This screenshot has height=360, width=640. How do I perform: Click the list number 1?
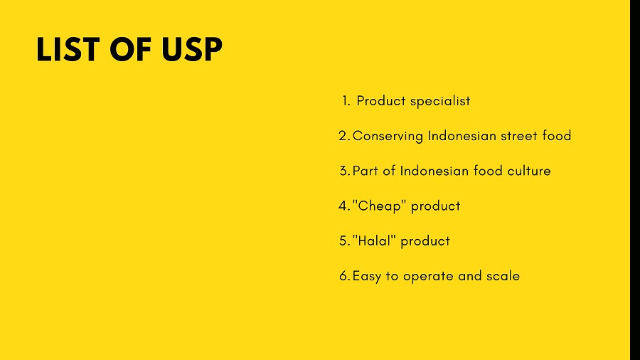pos(346,101)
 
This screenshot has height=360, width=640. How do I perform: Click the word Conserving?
pos(388,136)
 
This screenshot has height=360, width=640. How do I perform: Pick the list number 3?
pos(343,171)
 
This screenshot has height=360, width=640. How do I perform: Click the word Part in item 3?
pos(365,171)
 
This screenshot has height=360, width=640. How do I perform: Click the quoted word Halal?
pos(374,241)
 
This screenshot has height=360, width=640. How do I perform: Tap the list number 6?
pos(343,276)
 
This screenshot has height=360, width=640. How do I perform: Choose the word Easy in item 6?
pos(367,276)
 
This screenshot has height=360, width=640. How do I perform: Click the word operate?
pos(428,276)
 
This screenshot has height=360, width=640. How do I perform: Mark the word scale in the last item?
pos(503,276)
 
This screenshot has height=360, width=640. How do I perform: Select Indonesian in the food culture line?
pos(434,171)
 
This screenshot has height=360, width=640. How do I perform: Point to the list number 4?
pos(343,206)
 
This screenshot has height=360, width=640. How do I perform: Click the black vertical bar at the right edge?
pos(634,180)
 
